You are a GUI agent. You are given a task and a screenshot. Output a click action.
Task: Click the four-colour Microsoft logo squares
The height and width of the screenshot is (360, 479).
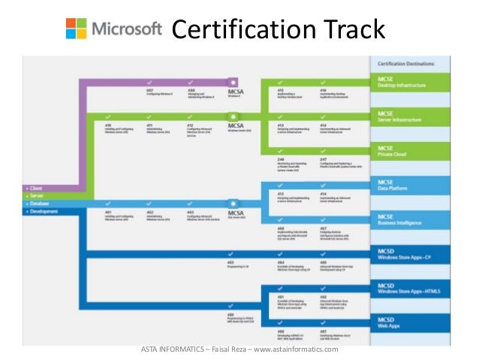click(76, 29)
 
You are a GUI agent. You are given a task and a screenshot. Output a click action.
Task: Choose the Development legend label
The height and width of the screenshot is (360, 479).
click(44, 211)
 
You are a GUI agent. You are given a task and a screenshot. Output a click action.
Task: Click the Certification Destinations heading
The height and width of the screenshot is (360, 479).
click(410, 64)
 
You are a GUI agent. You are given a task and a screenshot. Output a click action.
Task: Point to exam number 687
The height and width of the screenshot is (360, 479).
click(149, 89)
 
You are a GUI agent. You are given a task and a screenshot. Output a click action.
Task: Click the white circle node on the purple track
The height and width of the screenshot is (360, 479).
click(234, 81)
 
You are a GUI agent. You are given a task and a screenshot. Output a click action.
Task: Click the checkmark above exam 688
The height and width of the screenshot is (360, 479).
click(191, 81)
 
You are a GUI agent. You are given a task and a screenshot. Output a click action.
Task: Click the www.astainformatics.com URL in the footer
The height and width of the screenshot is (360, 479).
click(297, 349)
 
